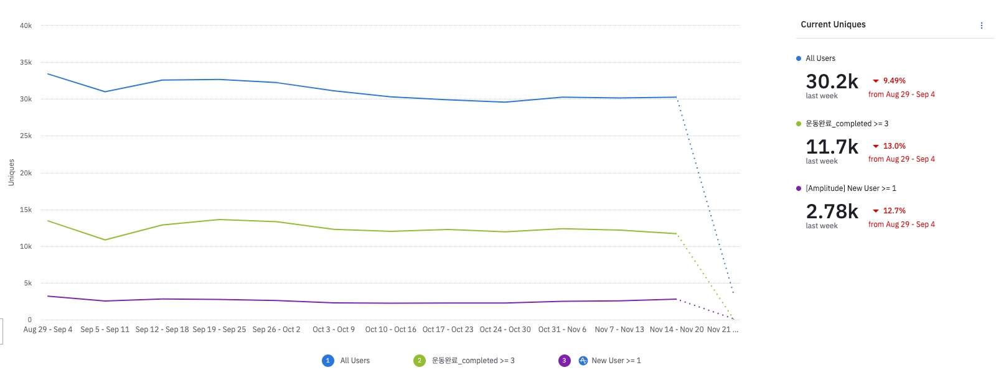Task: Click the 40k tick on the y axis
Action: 26,25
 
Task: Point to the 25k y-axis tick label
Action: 26,136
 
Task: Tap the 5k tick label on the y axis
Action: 27,283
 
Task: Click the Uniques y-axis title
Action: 11,172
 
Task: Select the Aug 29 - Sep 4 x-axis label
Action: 48,330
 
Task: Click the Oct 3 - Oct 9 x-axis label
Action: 334,330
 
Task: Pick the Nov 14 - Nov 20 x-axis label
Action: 677,330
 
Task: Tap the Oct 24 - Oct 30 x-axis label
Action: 505,330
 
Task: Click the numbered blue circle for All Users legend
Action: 328,361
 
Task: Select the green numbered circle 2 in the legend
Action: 420,361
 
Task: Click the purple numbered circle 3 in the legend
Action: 565,361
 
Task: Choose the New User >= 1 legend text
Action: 616,361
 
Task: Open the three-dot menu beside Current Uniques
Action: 982,25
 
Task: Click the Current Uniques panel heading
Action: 833,24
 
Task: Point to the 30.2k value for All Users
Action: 832,81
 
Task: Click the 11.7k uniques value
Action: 832,147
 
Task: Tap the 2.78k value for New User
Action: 832,211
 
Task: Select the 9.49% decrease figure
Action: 894,81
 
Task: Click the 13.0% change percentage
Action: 894,146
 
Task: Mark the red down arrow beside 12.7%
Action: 876,211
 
